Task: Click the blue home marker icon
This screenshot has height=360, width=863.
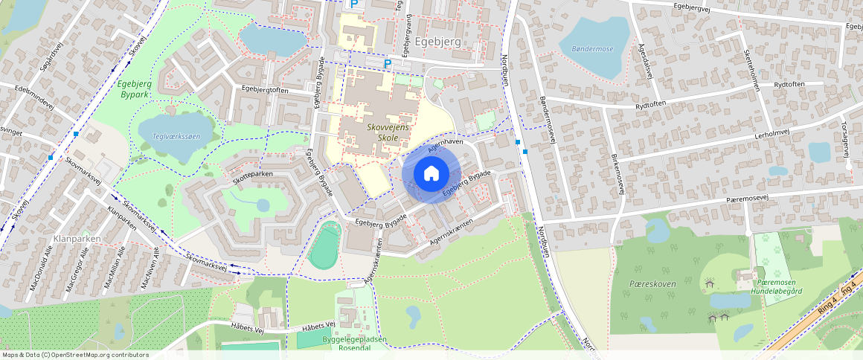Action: (x=431, y=173)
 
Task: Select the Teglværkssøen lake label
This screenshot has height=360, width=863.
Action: (x=176, y=136)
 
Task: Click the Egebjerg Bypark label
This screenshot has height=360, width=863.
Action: (x=134, y=89)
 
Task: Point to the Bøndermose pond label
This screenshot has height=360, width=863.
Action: (x=592, y=49)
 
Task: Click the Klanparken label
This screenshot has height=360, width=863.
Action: (x=77, y=239)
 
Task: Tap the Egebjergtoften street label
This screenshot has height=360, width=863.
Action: (x=265, y=89)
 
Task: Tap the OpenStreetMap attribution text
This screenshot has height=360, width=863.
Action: (x=74, y=355)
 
